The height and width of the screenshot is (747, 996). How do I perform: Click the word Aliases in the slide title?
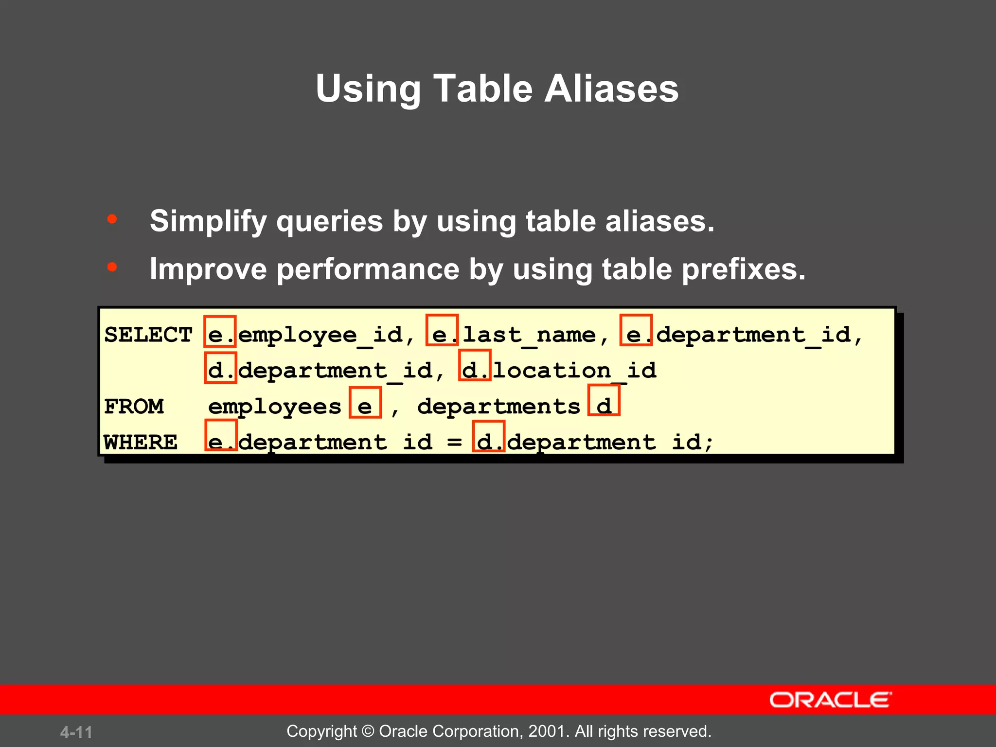coord(611,89)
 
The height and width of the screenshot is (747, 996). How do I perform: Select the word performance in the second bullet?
coord(368,269)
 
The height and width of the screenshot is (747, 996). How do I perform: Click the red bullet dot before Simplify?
coord(112,219)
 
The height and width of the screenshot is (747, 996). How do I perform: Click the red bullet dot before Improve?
coord(112,267)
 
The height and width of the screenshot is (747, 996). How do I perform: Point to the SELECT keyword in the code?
coord(148,335)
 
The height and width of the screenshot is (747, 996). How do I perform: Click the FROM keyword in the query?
coord(134,407)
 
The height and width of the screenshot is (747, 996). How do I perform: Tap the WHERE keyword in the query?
coord(141,443)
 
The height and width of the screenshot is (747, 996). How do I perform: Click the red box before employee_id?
coord(220,331)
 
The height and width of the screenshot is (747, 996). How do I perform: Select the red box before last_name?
coord(442,330)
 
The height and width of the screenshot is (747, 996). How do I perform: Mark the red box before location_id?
coord(475,365)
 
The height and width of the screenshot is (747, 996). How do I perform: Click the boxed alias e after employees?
coord(365,403)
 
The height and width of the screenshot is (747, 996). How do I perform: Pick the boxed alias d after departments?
coord(604,400)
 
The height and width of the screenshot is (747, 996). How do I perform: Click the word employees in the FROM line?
coord(275,407)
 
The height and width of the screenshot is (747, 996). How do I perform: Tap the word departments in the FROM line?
coord(498,407)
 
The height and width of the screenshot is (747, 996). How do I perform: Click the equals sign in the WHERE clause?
coord(454,442)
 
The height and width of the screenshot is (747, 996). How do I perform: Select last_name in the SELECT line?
coord(529,335)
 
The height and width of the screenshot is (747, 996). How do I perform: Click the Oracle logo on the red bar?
coord(830,700)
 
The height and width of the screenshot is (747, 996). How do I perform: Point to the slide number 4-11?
coord(76,732)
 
